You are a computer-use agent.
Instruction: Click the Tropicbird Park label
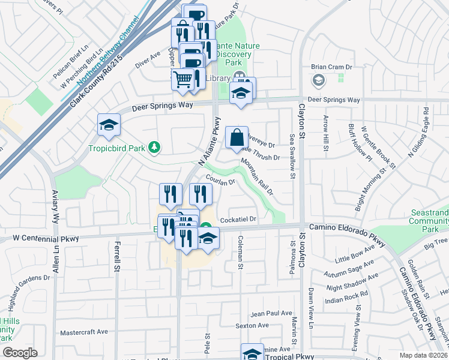pos(116,148)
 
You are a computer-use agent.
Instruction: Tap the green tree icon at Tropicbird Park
pos(154,146)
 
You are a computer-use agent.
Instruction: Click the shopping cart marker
pos(183,79)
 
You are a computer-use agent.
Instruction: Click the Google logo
pos(20,353)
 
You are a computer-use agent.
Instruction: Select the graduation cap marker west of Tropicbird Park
pos(109,125)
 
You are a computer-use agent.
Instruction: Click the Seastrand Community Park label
pos(430,221)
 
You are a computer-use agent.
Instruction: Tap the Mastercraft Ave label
pos(84,331)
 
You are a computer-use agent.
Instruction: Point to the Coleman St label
pos(240,251)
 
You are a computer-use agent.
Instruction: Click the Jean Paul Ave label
pos(271,313)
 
